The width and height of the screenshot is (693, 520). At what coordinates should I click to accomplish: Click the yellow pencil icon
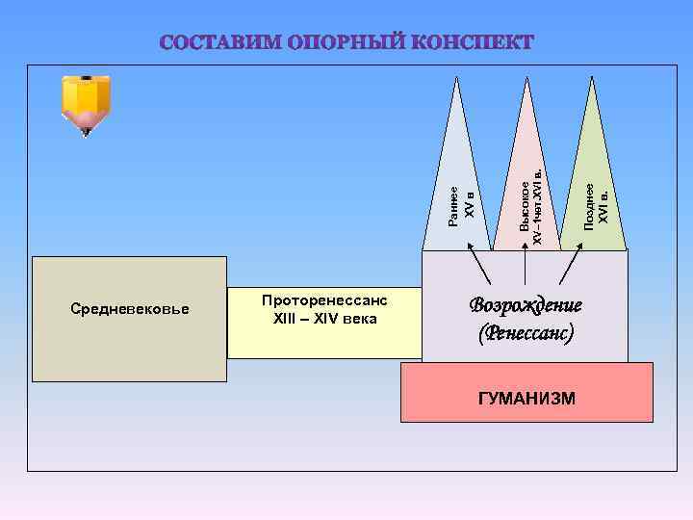86,101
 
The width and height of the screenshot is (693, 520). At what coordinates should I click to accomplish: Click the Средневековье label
131,309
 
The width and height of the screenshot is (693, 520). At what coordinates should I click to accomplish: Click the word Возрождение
526,306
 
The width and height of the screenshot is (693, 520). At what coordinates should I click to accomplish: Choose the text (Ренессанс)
526,333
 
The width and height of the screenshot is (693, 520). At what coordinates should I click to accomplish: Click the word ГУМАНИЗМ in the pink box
526,397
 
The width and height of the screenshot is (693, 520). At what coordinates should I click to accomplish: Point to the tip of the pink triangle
526,76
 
